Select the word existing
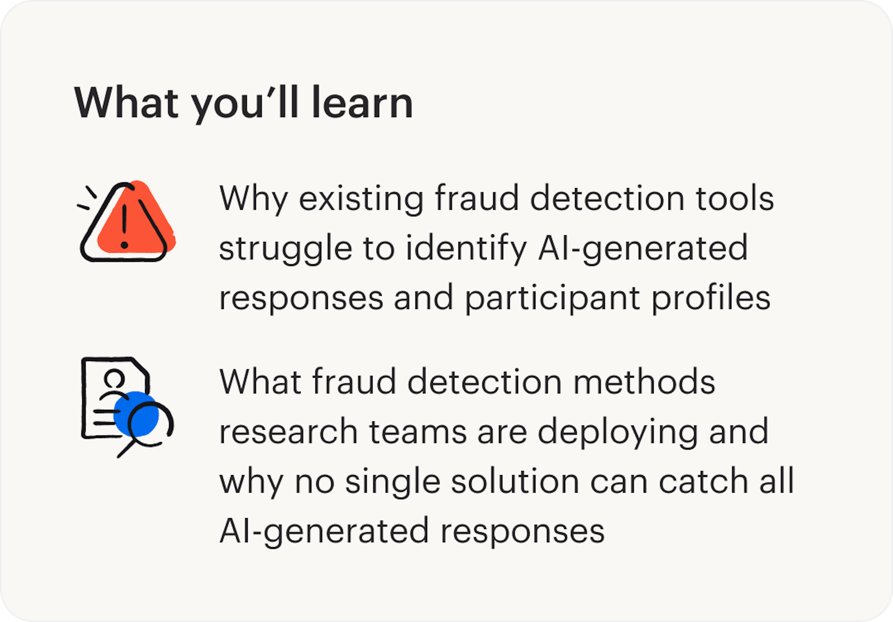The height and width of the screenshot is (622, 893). point(361,200)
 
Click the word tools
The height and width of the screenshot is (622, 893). point(735,199)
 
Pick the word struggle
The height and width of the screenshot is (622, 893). point(285,249)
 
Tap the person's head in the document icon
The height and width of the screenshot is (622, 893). point(114,378)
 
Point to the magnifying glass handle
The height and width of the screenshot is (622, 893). point(126,449)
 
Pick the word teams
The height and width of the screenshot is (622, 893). point(418,432)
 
